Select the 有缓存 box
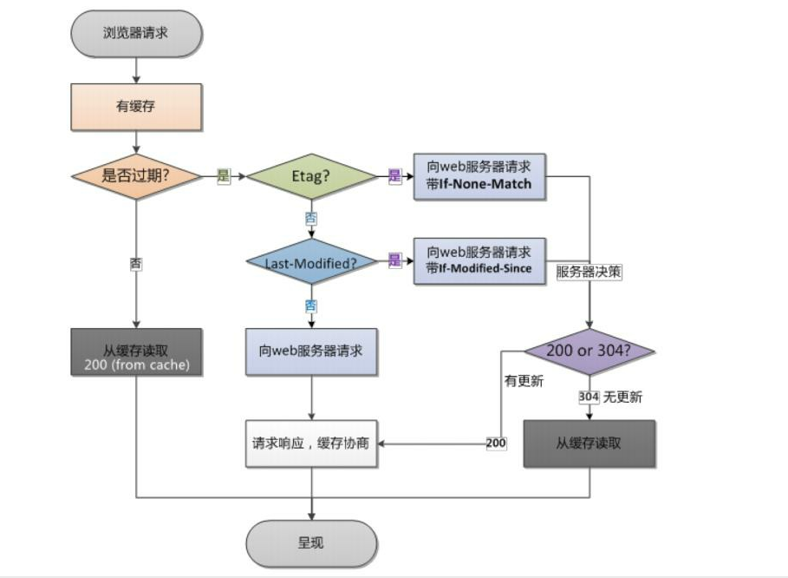(137, 106)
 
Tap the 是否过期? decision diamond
(137, 176)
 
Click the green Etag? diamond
(311, 176)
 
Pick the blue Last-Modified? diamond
(311, 261)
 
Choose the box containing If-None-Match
(479, 176)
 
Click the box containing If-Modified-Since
(479, 260)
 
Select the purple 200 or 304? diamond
(589, 351)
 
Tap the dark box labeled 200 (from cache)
(137, 351)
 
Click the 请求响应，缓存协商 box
(311, 443)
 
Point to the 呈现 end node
(311, 544)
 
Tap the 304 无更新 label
(610, 397)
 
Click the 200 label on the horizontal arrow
(496, 443)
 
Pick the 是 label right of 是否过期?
(223, 176)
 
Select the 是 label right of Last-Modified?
(395, 261)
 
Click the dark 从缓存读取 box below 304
(589, 443)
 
